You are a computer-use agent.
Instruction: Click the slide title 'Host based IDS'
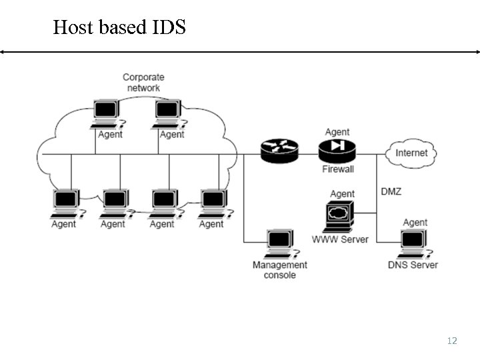pyautogui.click(x=119, y=27)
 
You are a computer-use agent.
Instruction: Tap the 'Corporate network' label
pyautogui.click(x=143, y=83)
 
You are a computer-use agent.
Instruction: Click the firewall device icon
pyautogui.click(x=338, y=151)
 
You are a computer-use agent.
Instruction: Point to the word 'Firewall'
pyautogui.click(x=338, y=169)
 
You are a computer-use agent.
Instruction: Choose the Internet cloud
pyautogui.click(x=411, y=153)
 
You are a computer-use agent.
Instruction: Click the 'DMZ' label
pyautogui.click(x=391, y=191)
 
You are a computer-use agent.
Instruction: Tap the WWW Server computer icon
pyautogui.click(x=340, y=216)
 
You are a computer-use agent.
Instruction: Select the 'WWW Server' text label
pyautogui.click(x=340, y=239)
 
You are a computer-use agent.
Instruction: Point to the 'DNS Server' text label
pyautogui.click(x=413, y=265)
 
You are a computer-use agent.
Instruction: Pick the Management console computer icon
pyautogui.click(x=279, y=244)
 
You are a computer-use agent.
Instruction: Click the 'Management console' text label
pyautogui.click(x=280, y=270)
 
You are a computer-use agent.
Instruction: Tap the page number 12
pyautogui.click(x=452, y=341)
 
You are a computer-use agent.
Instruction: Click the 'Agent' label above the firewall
pyautogui.click(x=337, y=132)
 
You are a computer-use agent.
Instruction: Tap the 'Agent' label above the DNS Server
pyautogui.click(x=415, y=223)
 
